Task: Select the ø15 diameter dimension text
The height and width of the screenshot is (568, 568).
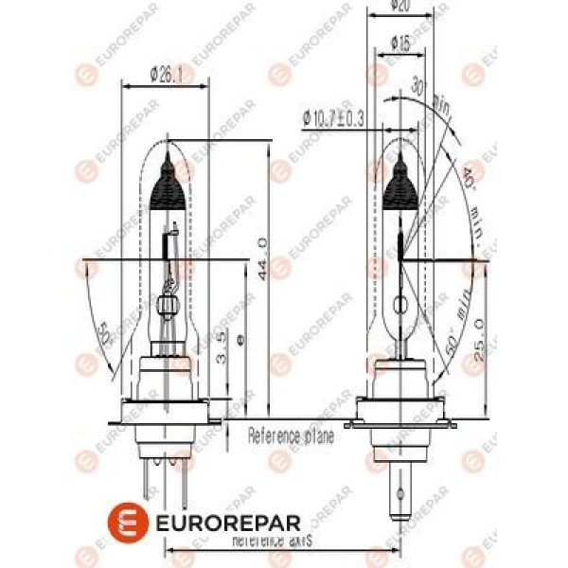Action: [400, 44]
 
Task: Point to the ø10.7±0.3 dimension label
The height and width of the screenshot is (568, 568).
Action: [334, 118]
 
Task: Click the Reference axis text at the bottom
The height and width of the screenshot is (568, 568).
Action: [272, 541]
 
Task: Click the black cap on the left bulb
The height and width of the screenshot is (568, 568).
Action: [170, 186]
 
